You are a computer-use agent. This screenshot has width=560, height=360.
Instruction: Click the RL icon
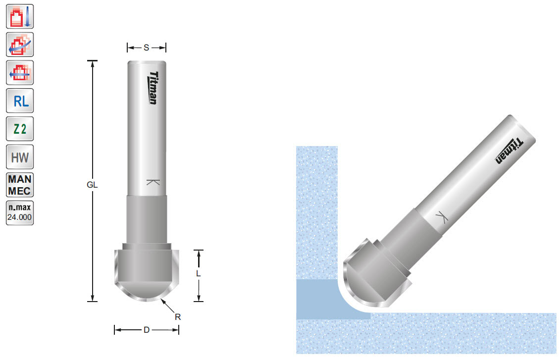coord(20,102)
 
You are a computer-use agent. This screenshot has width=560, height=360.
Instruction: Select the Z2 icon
coord(20,130)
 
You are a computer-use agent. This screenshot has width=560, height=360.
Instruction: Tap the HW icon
coord(20,158)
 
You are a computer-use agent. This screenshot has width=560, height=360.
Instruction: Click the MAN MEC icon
coord(20,186)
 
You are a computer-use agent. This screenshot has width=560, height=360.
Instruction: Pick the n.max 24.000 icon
coord(20,213)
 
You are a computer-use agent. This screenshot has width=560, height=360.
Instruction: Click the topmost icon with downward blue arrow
coord(20,16)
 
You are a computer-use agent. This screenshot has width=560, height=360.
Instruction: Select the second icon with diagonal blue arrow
coord(20,45)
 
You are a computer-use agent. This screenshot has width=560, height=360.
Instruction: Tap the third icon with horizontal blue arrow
coord(20,73)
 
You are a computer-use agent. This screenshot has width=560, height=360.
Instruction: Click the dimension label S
coord(147,48)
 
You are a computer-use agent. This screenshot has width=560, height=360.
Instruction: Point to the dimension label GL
coord(92,185)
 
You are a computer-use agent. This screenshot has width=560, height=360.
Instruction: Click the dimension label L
coord(198,273)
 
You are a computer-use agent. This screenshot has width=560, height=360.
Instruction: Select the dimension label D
coord(147,330)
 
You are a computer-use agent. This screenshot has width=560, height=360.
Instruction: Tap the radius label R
coord(178,317)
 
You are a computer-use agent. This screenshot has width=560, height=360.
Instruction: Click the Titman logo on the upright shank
coord(153,88)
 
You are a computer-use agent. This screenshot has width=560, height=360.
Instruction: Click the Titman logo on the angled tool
coord(509,151)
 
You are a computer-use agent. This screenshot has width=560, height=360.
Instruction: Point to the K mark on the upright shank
coord(153,182)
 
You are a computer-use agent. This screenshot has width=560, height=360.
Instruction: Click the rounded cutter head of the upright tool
coord(147,275)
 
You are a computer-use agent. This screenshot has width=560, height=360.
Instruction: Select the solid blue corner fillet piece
coord(322,300)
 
